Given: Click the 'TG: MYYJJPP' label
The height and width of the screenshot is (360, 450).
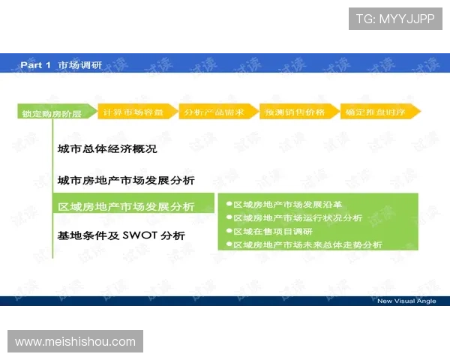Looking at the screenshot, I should [x=394, y=19].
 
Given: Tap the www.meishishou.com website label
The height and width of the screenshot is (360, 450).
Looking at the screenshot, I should [x=75, y=342].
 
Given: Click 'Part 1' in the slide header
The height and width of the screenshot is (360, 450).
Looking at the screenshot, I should [x=35, y=65].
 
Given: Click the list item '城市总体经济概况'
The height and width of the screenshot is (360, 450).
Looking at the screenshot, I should [x=107, y=149].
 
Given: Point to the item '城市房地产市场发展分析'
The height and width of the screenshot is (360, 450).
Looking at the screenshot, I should [x=126, y=181].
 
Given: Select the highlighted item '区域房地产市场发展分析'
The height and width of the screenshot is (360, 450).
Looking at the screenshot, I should [x=126, y=206].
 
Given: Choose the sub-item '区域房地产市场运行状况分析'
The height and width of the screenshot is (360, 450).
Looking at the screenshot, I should [x=298, y=217].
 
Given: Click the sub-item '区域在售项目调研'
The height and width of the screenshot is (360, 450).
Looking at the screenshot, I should [x=273, y=231].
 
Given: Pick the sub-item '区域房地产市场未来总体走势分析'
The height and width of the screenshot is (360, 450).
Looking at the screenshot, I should [x=307, y=244].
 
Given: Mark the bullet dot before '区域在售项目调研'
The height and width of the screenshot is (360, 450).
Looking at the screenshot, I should [x=228, y=231].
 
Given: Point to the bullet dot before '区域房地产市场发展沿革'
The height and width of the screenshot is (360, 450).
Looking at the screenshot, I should [x=228, y=204].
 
